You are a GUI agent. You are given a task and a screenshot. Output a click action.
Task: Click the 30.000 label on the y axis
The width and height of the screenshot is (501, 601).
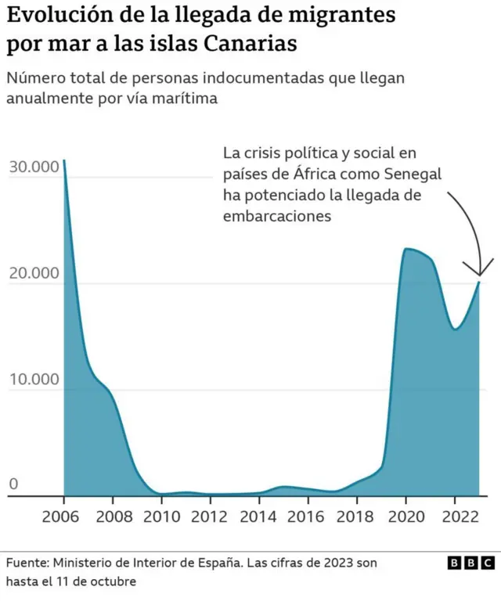(33, 167)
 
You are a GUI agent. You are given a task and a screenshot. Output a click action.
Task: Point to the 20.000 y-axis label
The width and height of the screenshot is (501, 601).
(33, 273)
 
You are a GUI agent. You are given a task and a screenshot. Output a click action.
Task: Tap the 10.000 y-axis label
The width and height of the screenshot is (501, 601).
(33, 380)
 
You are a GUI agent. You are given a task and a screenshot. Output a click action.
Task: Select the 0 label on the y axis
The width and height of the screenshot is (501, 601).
(13, 485)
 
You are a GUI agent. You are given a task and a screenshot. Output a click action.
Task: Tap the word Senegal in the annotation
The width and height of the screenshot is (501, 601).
(413, 174)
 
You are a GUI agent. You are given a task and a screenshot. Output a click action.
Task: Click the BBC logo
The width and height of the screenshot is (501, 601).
(470, 563)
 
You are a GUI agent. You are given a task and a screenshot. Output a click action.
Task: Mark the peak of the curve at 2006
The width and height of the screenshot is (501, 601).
(64, 160)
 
